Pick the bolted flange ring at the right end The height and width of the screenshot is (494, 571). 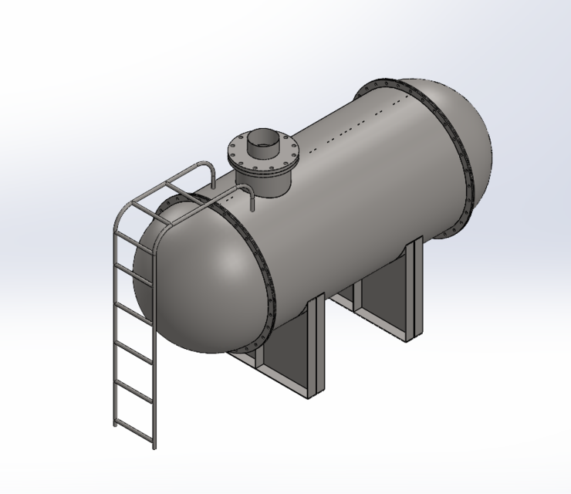[455, 154]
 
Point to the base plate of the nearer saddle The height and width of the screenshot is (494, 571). [278, 378]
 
